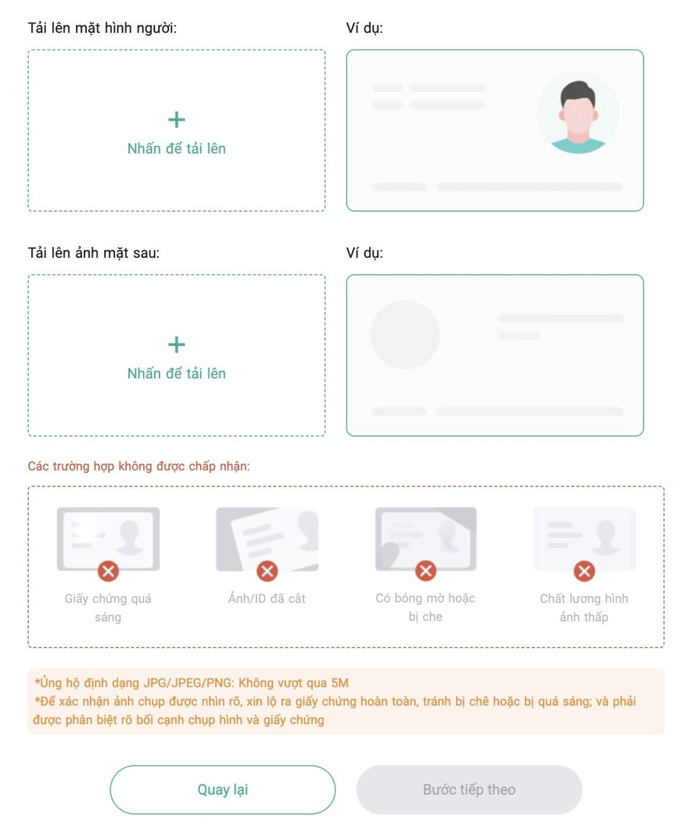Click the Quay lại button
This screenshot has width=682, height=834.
(223, 789)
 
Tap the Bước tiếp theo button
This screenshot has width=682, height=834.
(469, 789)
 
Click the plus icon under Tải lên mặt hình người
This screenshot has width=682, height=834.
(176, 119)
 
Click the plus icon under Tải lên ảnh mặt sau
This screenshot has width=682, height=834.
(176, 344)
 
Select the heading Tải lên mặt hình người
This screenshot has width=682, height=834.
(102, 28)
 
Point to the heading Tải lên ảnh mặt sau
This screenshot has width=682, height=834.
(94, 253)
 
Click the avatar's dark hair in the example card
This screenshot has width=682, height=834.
(578, 93)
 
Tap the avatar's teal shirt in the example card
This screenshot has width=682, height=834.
(578, 145)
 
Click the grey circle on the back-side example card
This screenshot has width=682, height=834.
(405, 335)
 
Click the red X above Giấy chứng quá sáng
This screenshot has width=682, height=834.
(108, 571)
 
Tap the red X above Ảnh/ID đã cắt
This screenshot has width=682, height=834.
(267, 571)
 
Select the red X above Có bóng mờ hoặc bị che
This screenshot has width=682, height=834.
(425, 571)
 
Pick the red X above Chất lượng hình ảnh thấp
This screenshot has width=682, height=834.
(584, 571)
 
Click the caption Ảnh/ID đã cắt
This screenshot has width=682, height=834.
(267, 598)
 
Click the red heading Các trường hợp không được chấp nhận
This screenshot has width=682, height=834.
(139, 466)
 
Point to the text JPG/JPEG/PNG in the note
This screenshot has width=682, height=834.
(188, 683)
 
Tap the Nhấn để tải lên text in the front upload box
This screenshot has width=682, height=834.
(176, 149)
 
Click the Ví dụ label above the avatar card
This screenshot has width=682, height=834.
(365, 28)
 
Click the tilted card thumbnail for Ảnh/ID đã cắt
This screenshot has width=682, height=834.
(267, 539)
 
